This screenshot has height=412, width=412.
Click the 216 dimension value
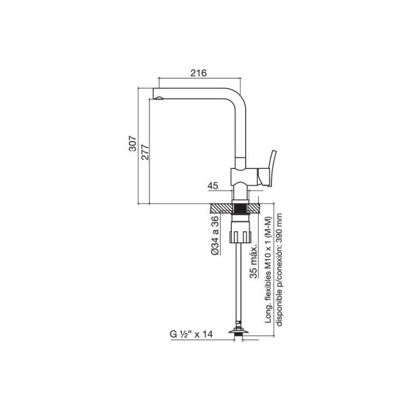pyautogui.click(x=198, y=73)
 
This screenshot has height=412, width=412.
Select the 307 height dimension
pyautogui.click(x=133, y=143)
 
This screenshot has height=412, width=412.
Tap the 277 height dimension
pyautogui.click(x=145, y=152)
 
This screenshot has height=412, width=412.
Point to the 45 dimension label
pyautogui.click(x=213, y=186)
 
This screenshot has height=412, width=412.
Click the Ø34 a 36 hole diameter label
pyautogui.click(x=215, y=235)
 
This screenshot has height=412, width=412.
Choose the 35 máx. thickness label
pyautogui.click(x=254, y=262)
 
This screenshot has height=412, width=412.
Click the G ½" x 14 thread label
pyautogui.click(x=191, y=334)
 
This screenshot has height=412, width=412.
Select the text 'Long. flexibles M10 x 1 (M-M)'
pyautogui.click(x=268, y=270)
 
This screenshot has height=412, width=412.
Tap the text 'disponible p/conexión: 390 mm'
pyautogui.click(x=279, y=270)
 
